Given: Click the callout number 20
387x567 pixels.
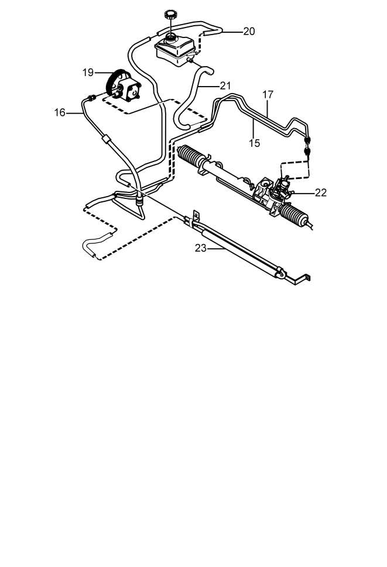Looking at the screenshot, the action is click(x=249, y=32).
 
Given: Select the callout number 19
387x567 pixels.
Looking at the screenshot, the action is click(x=88, y=73).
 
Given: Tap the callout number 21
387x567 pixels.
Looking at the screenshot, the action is click(x=225, y=85).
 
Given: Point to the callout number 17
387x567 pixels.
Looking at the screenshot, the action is click(x=268, y=95).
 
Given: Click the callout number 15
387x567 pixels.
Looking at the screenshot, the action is click(x=254, y=143).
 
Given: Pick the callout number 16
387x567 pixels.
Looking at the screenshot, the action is click(x=60, y=113).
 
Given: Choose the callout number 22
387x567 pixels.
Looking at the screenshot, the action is click(x=321, y=193).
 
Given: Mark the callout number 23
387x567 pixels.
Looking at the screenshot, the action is click(x=201, y=249).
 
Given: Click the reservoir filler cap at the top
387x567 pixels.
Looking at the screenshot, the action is click(x=170, y=15).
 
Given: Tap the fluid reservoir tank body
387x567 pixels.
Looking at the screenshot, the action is click(x=175, y=51).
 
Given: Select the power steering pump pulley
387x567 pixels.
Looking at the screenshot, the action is click(x=113, y=83).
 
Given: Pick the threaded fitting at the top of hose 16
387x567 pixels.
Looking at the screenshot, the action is click(x=92, y=97).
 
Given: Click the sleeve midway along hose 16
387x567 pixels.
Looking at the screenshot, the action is click(x=106, y=139).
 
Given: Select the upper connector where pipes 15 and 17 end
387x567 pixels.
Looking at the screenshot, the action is click(x=308, y=139).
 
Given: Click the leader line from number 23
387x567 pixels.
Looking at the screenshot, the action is click(x=216, y=249).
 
